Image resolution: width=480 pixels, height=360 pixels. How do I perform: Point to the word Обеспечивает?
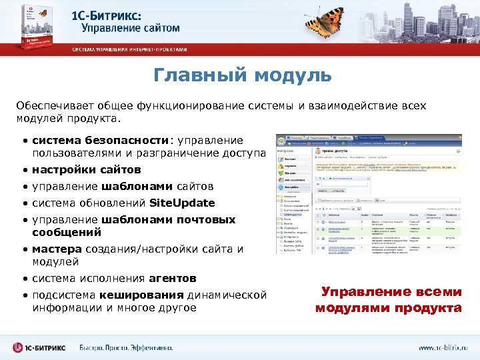pos(54,106)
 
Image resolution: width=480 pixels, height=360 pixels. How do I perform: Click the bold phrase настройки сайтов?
pos(87,169)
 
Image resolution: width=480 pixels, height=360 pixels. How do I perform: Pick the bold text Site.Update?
pos(182,203)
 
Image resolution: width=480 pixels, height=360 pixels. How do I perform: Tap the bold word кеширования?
pos(141,295)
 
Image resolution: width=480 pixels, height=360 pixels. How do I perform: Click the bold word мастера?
pos(53,249)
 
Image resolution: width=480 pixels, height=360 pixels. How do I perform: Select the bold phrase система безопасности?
pos(101,141)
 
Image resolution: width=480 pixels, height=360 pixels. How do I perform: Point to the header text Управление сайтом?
pos(131,29)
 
